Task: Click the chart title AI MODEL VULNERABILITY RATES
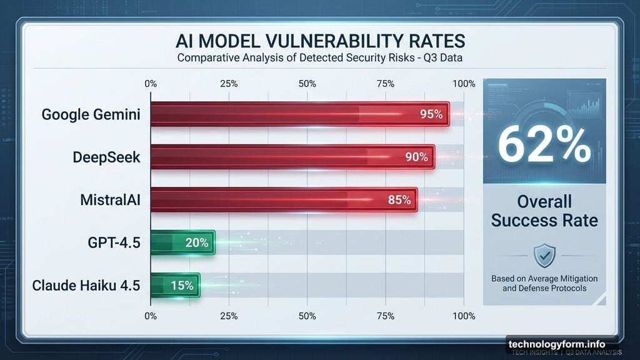(320, 41)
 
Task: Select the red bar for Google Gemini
(300, 114)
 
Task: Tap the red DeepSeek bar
(292, 157)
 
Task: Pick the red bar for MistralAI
(284, 199)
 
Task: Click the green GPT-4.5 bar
(183, 242)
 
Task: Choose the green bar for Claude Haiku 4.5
(176, 285)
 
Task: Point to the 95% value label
(431, 114)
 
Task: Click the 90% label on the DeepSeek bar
(416, 157)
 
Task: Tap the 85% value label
(399, 200)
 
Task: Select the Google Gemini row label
(91, 114)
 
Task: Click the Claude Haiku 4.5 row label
(86, 285)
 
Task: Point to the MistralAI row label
(110, 200)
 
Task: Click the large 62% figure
(544, 144)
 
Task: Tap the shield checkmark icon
(544, 256)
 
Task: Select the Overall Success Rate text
(544, 211)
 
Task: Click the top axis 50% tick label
(307, 84)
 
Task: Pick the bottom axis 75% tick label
(385, 316)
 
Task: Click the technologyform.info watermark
(557, 344)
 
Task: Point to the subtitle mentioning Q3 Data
(320, 58)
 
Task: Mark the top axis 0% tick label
(151, 84)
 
